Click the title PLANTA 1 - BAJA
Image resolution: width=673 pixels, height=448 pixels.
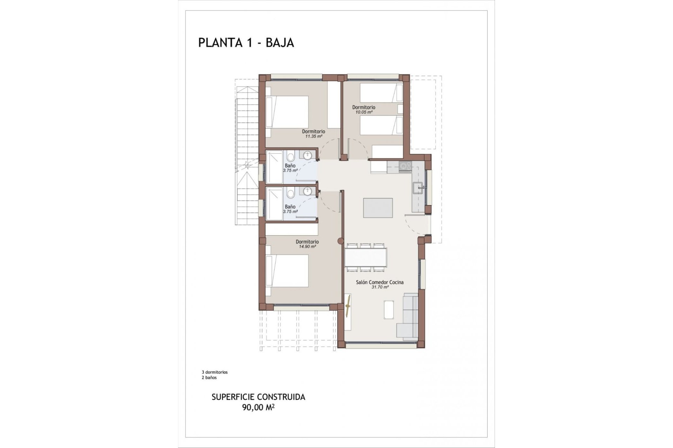point(246,43)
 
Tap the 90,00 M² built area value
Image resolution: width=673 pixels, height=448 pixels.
point(258,407)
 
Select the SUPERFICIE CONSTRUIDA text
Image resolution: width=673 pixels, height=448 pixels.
point(258,397)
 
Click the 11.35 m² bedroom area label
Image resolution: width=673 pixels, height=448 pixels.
point(313,136)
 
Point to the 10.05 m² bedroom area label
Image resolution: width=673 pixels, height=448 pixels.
point(363,112)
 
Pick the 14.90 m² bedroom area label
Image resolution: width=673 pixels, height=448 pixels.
point(307,246)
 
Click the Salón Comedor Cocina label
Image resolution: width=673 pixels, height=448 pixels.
point(380,282)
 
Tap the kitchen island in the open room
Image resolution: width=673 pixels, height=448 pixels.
point(378,208)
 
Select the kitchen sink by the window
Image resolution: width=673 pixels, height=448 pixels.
point(418,188)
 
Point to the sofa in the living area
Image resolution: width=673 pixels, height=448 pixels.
point(408,317)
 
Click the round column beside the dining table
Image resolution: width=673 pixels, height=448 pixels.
point(340,241)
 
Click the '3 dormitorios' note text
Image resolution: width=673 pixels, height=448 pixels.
point(215,372)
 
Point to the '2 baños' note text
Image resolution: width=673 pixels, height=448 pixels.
point(209,378)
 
